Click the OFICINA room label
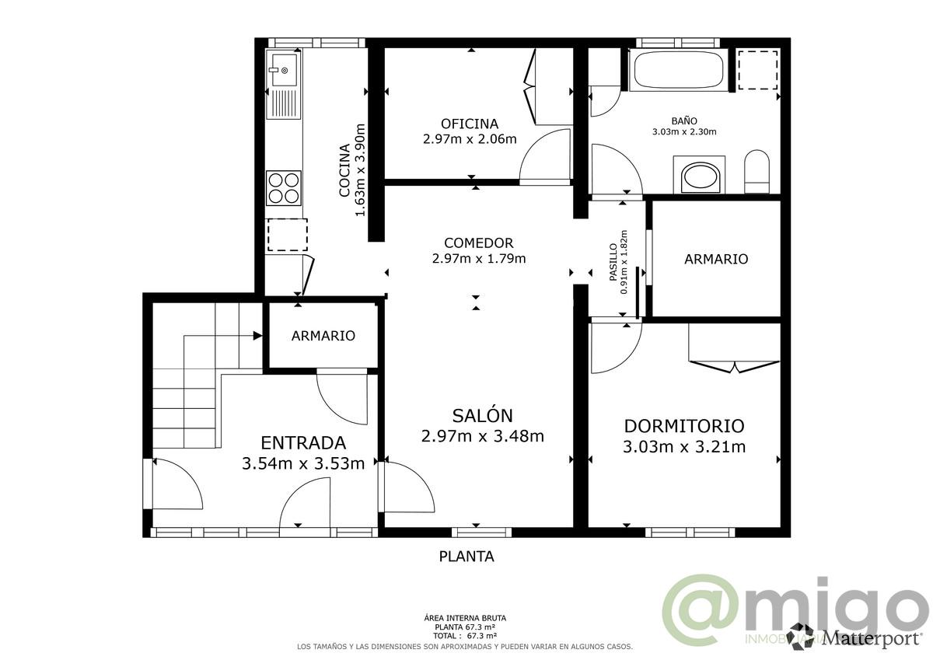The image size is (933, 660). [469, 124]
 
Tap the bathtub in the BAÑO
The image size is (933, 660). [679, 70]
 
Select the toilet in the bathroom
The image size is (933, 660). [757, 172]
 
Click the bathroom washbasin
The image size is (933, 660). [702, 176]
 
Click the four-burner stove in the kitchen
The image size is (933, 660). [284, 187]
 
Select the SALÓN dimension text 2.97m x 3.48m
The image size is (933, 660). [482, 436]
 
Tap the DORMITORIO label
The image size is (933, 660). [684, 426]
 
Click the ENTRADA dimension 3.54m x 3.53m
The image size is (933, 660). [303, 464]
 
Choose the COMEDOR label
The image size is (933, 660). [478, 243]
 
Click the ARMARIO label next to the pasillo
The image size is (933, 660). [716, 259]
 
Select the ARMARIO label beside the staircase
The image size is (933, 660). [323, 336]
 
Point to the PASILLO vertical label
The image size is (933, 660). [613, 262]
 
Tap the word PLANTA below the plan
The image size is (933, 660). [466, 557]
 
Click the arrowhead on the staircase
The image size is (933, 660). [257, 336]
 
